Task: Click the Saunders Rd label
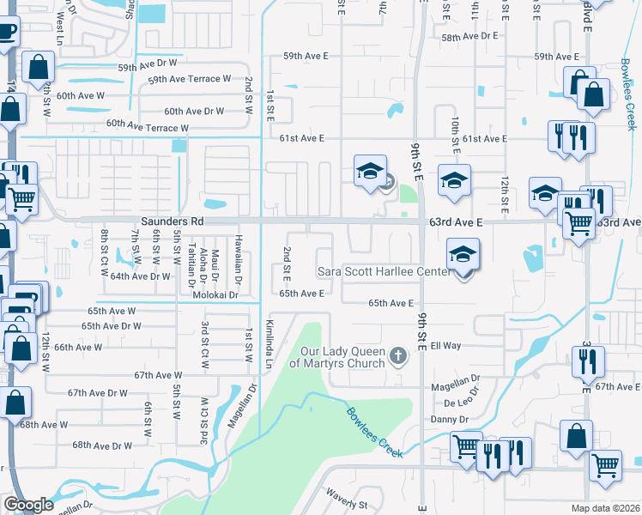(173, 221)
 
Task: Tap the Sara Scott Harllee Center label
(383, 272)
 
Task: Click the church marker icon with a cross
(397, 354)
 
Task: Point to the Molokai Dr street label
(213, 294)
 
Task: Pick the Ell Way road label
(445, 346)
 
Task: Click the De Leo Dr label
(461, 402)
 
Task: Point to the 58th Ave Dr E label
(469, 37)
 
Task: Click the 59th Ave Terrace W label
(189, 79)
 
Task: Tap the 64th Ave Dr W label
(140, 276)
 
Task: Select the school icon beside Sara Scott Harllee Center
(463, 255)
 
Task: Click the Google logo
(28, 505)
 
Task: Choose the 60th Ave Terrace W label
(147, 127)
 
